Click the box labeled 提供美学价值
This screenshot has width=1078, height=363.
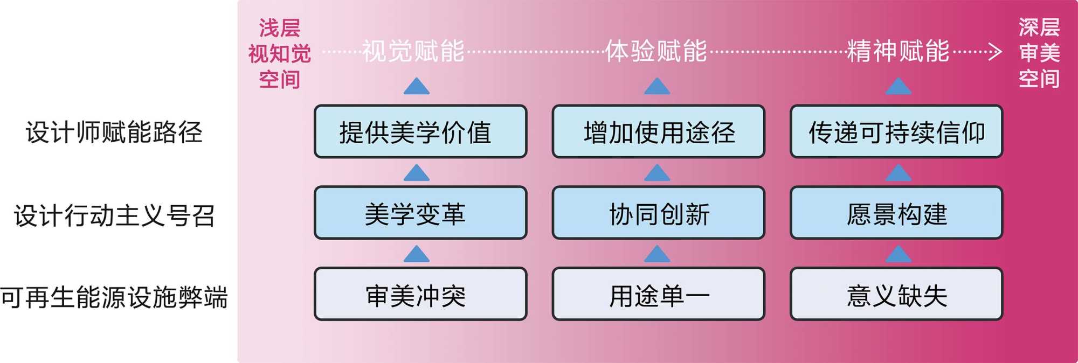(420, 132)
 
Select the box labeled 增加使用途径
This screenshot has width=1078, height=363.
(659, 132)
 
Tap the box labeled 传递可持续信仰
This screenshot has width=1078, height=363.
(896, 132)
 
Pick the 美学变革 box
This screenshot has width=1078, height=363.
(420, 213)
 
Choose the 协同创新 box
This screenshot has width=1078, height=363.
(659, 213)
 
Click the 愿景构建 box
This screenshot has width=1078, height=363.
(896, 213)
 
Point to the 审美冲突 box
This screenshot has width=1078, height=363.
(420, 295)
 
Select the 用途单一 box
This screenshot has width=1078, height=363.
(659, 295)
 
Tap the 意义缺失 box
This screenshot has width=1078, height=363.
(896, 295)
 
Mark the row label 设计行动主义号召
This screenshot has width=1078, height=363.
(114, 215)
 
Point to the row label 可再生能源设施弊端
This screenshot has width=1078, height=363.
(114, 297)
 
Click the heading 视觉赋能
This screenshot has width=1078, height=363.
(413, 51)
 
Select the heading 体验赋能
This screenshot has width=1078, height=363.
(656, 51)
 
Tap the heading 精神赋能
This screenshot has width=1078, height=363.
(898, 51)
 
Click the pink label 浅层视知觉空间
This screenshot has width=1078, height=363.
(279, 53)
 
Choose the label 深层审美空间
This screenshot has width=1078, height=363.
(1039, 53)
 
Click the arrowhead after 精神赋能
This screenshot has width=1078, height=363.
(995, 52)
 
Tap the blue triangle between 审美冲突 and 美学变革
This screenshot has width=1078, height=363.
(417, 254)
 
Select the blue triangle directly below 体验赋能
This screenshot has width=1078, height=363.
(657, 87)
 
